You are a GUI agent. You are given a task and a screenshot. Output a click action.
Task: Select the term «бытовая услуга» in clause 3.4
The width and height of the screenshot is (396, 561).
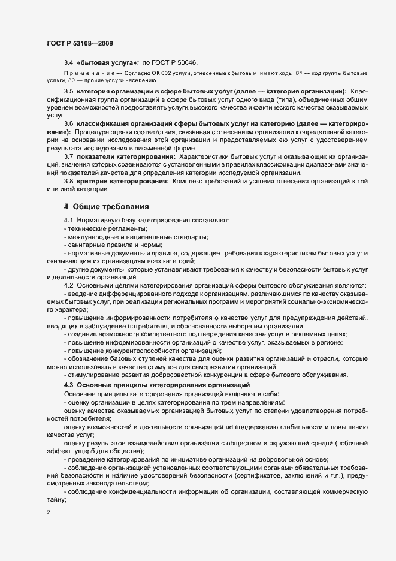coord(107,62)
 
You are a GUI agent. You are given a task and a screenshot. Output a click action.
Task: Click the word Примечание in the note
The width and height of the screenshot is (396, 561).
coord(84,73)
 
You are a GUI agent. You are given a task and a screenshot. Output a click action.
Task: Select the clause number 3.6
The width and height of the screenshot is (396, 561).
coord(68,123)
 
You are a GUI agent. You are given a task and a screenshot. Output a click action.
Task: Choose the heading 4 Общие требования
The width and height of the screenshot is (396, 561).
coord(107,207)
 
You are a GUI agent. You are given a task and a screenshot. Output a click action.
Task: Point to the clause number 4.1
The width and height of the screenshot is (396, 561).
coord(68,221)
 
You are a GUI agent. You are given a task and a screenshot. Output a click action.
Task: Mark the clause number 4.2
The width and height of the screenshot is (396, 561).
coord(68,284)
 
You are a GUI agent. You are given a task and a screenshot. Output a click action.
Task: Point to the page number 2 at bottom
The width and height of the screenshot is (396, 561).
coord(48,514)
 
